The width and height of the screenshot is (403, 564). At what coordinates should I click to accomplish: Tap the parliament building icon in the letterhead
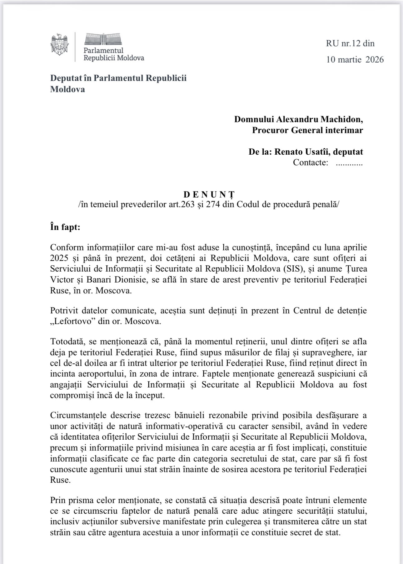coord(103,39)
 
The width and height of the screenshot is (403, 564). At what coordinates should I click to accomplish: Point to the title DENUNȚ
coord(209,194)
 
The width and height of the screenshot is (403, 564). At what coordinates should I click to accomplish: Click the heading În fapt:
coord(65,227)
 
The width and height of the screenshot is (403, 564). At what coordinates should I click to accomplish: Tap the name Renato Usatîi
coord(301,152)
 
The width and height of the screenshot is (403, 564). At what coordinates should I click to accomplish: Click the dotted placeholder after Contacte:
coord(349,162)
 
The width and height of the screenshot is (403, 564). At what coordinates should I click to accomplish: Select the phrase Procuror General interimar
coord(307,130)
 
